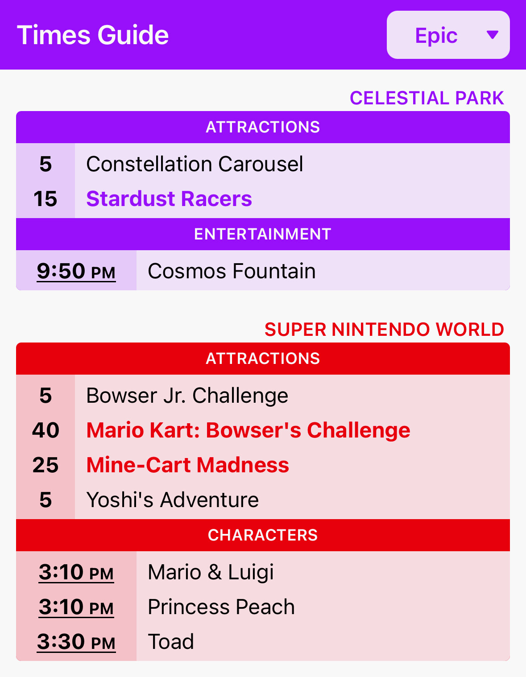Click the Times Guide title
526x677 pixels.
tap(92, 35)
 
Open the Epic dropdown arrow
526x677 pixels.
tap(493, 35)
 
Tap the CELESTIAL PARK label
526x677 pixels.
tap(427, 98)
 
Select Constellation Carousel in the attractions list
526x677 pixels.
tap(195, 164)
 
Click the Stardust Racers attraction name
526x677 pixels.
tap(169, 199)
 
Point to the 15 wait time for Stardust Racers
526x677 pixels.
tap(46, 199)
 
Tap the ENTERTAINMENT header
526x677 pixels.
tap(263, 234)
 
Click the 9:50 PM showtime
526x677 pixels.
tap(76, 271)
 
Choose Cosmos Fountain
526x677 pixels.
tap(232, 271)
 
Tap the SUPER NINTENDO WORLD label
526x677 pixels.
tap(384, 330)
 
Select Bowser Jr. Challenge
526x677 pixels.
tap(187, 396)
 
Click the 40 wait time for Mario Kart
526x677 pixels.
tap(46, 430)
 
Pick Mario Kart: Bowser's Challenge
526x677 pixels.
tap(249, 430)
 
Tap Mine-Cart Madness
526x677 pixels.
tap(188, 465)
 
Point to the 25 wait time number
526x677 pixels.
tap(46, 465)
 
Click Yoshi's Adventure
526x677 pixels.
tap(173, 500)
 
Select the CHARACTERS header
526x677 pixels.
tap(263, 535)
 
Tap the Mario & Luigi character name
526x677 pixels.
tap(211, 572)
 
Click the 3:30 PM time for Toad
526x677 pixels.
tap(76, 642)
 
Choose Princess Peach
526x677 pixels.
tap(221, 607)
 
